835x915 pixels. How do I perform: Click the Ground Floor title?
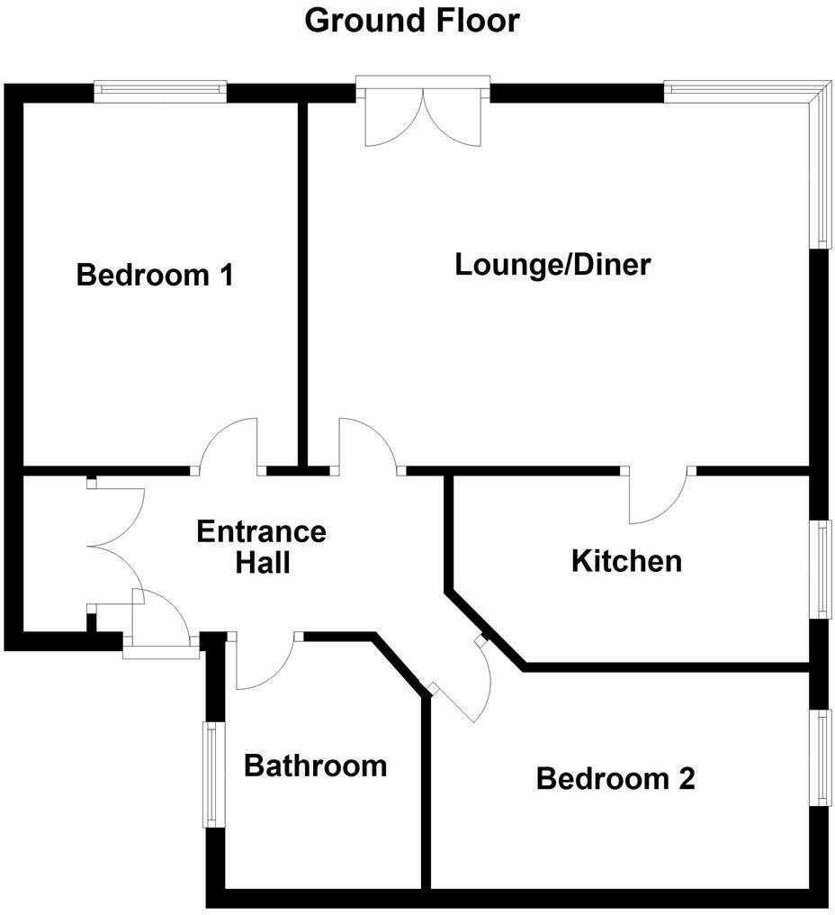tap(412, 20)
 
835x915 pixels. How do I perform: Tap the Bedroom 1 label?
tap(155, 274)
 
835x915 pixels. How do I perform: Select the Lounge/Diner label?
tap(552, 265)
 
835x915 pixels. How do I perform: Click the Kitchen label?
tap(626, 561)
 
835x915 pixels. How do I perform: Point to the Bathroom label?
tap(316, 766)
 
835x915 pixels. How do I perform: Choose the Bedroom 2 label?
tap(615, 778)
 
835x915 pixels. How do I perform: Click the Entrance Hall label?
tap(262, 547)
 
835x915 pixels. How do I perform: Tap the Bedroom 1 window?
tap(160, 88)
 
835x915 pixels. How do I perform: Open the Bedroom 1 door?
tap(229, 445)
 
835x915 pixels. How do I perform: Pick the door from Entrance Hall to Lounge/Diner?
tap(368, 445)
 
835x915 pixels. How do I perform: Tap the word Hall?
tap(263, 564)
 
